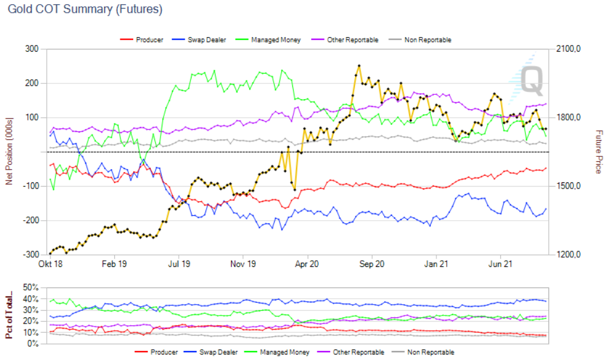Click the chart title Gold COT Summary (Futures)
85,10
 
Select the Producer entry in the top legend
149,40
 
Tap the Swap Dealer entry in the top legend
206,40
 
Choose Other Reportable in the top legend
353,40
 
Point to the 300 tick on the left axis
32,49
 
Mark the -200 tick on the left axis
30,220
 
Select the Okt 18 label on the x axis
50,265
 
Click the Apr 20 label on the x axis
307,265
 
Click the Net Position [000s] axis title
9,152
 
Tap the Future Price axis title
599,152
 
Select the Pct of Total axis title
9,316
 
